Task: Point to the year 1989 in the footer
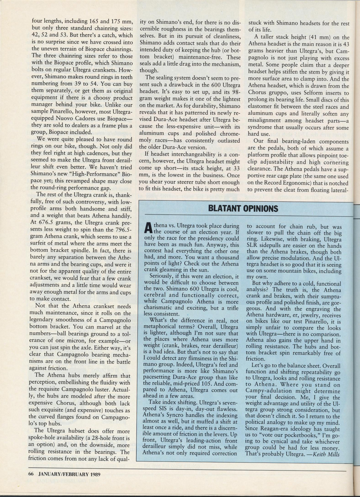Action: click(x=95, y=474)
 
